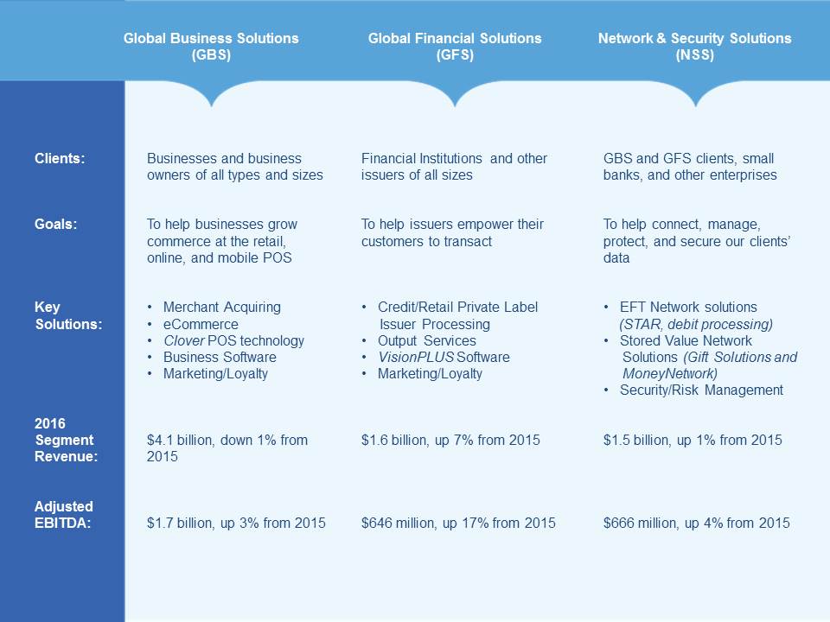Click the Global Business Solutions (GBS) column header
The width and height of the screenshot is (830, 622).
(211, 47)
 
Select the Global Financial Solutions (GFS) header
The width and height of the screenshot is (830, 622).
(455, 47)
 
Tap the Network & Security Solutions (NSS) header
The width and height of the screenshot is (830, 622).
(694, 47)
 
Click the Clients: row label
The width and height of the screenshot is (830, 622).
(60, 159)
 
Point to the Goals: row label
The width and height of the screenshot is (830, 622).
(56, 225)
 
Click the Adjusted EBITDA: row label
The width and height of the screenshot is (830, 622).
(63, 514)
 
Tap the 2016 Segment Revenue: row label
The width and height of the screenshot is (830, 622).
(66, 440)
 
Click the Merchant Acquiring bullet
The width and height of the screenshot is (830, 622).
(221, 308)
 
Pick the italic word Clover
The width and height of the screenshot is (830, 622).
(183, 340)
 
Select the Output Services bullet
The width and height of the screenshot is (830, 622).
(426, 340)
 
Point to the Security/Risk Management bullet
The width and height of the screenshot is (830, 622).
(701, 390)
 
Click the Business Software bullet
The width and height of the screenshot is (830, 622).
(220, 357)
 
